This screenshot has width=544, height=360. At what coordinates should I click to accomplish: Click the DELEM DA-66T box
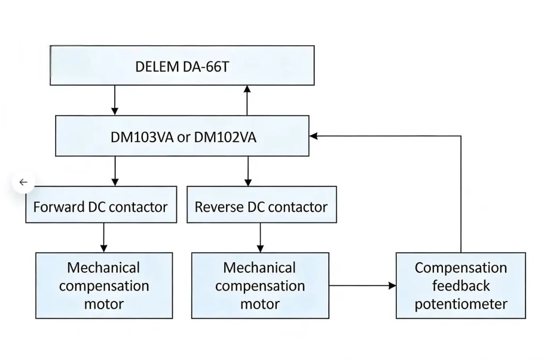click(182, 65)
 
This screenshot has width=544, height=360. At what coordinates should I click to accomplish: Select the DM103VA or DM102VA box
click(182, 136)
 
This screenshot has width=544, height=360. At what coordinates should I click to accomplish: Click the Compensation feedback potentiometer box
click(461, 286)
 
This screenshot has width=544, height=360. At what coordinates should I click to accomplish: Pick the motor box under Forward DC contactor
click(104, 286)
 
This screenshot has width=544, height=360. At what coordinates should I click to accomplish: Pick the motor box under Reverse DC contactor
click(260, 286)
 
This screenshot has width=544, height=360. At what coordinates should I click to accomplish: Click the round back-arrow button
click(23, 182)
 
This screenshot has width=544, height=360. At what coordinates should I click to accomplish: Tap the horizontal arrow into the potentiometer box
click(362, 286)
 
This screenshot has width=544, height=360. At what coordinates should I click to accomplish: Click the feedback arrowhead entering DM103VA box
click(314, 136)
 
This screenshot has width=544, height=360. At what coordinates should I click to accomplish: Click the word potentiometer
click(461, 304)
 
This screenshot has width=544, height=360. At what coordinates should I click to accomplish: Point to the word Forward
click(58, 206)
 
